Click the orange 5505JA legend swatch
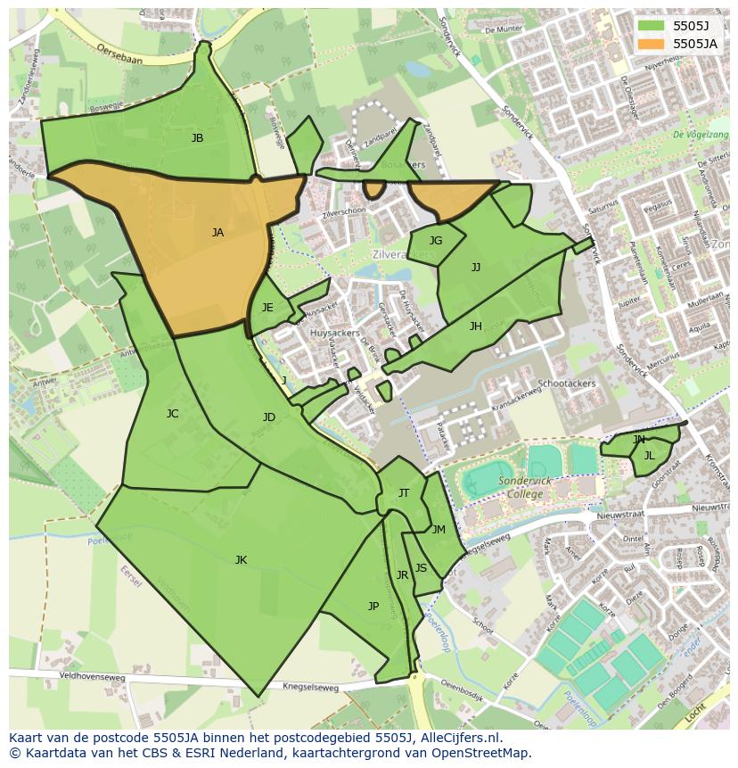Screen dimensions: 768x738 [x=651, y=44]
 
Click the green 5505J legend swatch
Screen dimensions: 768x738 [x=651, y=26]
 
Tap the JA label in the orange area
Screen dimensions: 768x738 [x=217, y=233]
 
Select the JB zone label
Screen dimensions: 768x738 [x=197, y=138]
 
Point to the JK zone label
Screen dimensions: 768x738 [x=241, y=560]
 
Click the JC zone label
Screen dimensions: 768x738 [x=172, y=414]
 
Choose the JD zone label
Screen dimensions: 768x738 [x=269, y=417]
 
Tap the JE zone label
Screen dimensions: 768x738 [x=267, y=308]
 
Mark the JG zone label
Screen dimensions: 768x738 [x=436, y=241]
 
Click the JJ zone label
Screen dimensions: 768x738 [x=476, y=267]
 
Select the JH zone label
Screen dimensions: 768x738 [x=476, y=326]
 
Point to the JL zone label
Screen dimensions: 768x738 [x=649, y=456]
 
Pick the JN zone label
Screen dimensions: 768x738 [x=638, y=440]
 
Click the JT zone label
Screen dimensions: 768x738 [x=404, y=493]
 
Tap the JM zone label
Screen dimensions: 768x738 [x=439, y=530]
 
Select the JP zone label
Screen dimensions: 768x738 [x=373, y=607]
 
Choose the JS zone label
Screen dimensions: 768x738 [x=421, y=568]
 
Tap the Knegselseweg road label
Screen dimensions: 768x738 [x=311, y=687]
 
